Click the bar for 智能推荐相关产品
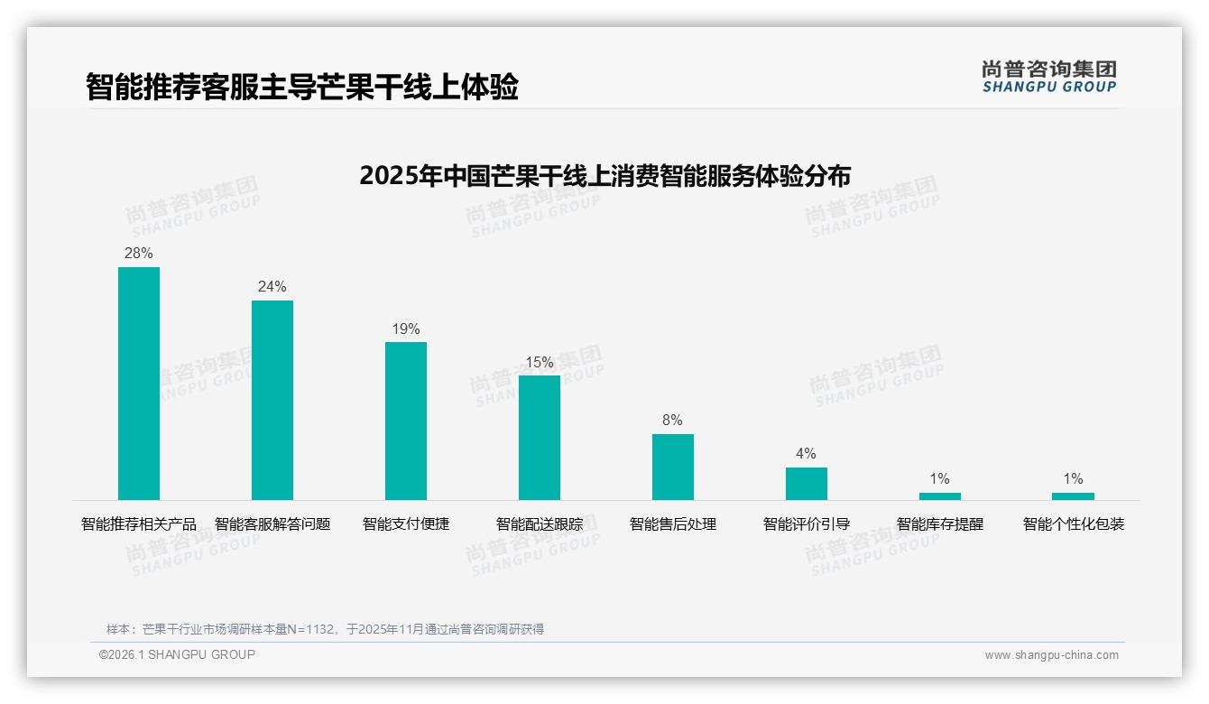[x=139, y=384]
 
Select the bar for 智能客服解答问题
[x=272, y=400]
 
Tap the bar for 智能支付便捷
[x=406, y=421]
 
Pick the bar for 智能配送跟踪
[x=540, y=438]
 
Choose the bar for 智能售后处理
[x=673, y=467]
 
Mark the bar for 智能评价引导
[x=806, y=484]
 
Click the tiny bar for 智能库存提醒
[x=939, y=496]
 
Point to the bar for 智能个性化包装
[x=1073, y=496]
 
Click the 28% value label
[x=139, y=254]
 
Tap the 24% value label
[x=272, y=287]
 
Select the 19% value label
[x=406, y=329]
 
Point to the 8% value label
[x=673, y=421]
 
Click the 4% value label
[x=806, y=454]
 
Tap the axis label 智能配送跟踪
[x=540, y=524]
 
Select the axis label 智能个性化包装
[x=1074, y=524]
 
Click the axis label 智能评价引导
[x=807, y=524]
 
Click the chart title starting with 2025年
[x=604, y=176]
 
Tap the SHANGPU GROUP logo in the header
[x=1049, y=77]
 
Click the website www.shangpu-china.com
[x=1051, y=655]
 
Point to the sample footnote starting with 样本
[x=325, y=629]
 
